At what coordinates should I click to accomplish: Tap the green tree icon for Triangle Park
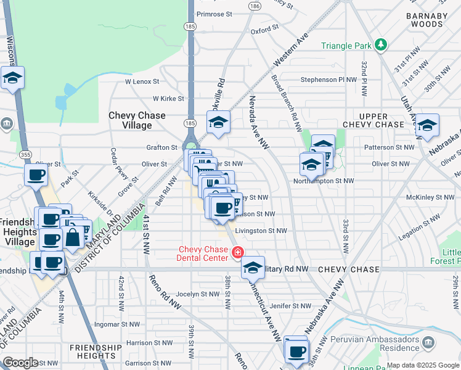tap(381, 44)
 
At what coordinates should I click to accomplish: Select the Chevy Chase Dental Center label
tap(203, 253)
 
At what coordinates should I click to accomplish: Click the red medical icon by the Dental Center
tap(237, 252)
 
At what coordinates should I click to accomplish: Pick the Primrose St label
tap(214, 13)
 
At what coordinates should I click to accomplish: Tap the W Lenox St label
tap(142, 81)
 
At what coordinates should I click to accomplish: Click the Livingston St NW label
tap(261, 231)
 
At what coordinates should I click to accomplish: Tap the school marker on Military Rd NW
tap(252, 268)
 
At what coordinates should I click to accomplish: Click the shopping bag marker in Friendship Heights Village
tap(73, 237)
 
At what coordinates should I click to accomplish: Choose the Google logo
tap(20, 363)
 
